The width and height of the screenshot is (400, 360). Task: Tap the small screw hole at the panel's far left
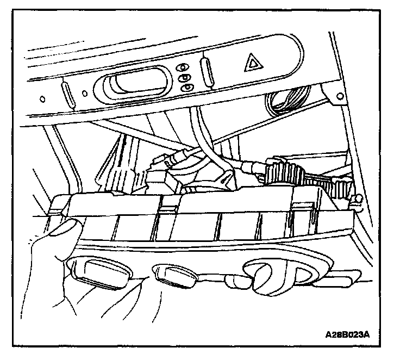[x=42, y=99]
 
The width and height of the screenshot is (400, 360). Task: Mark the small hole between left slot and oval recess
[x=83, y=92]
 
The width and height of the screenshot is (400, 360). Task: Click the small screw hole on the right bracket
[x=340, y=96]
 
